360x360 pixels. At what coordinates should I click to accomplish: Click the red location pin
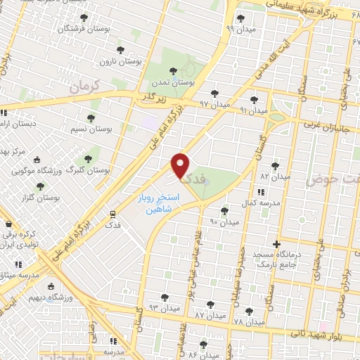click(181, 165)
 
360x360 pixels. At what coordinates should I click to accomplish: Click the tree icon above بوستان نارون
click(121, 50)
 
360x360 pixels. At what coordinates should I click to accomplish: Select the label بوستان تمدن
click(174, 82)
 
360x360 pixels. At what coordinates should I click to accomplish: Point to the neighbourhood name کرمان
click(86, 86)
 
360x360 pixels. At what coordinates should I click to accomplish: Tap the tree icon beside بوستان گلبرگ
click(88, 160)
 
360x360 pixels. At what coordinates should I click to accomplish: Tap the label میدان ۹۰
click(224, 221)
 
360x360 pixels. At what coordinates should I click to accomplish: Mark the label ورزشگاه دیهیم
click(51, 297)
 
